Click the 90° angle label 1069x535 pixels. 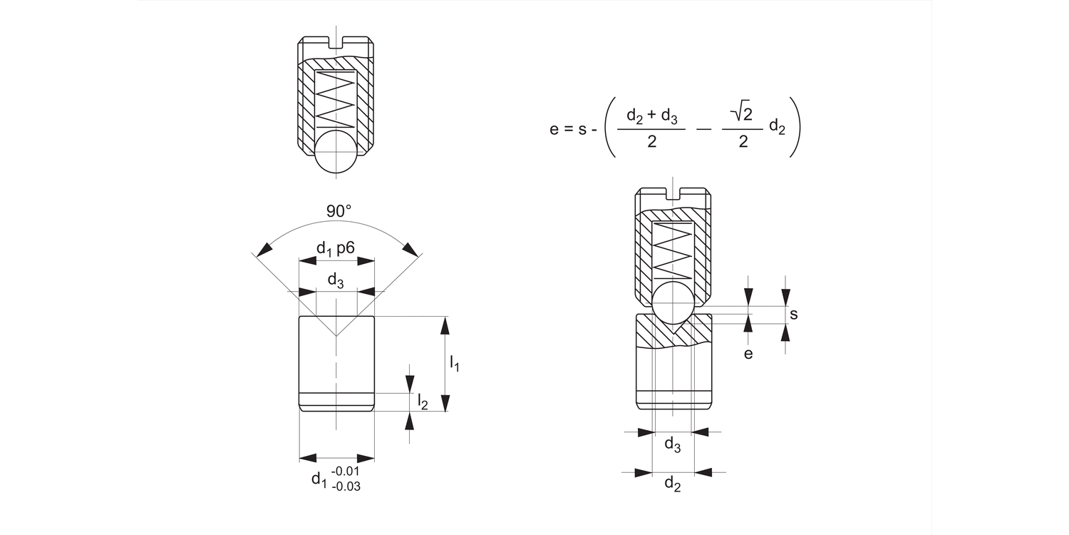pyautogui.click(x=339, y=210)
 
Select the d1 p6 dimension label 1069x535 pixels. pyautogui.click(x=336, y=248)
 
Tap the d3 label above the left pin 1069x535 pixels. pyautogui.click(x=336, y=280)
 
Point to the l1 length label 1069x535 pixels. pyautogui.click(x=455, y=364)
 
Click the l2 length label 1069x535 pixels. pyautogui.click(x=423, y=401)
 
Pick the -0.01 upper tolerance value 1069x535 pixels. pyautogui.click(x=345, y=471)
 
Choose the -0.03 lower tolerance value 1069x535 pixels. pyautogui.click(x=346, y=486)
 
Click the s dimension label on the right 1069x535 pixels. pyautogui.click(x=794, y=315)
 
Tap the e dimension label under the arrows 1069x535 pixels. pyautogui.click(x=748, y=354)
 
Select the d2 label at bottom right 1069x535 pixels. pyautogui.click(x=673, y=484)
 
